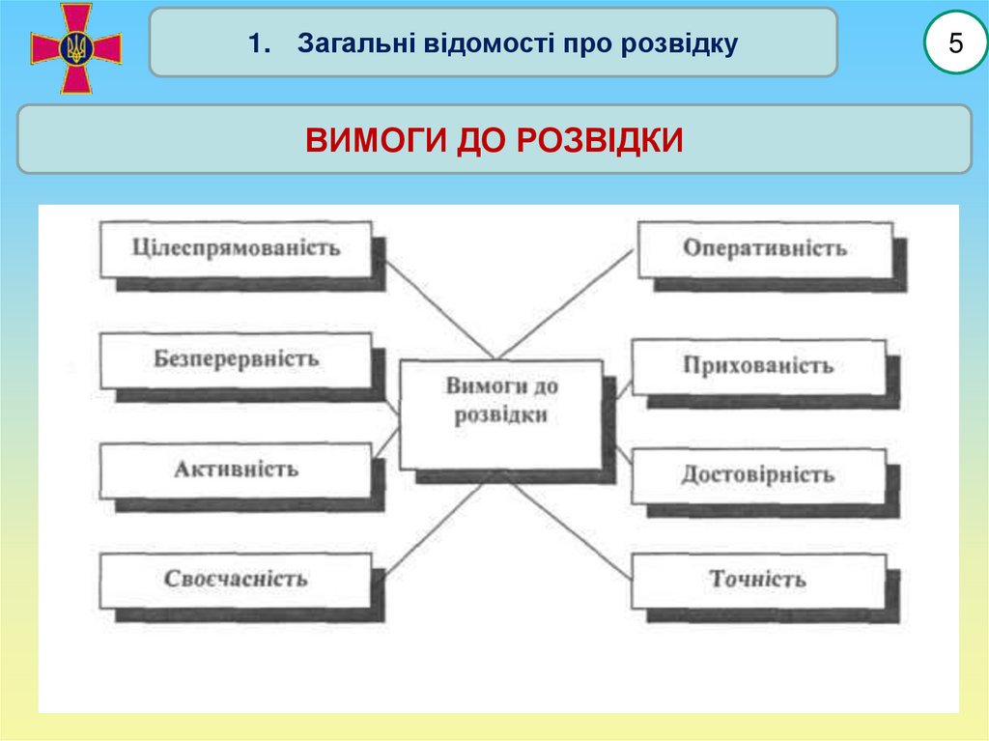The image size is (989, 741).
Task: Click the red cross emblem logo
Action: pos(76,47)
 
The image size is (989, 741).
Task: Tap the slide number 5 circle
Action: pos(956,43)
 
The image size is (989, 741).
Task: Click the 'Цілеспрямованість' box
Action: pos(236,248)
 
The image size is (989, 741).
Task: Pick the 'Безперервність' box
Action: pos(236,359)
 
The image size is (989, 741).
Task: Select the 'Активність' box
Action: pos(236,470)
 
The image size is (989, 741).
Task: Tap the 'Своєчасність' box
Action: pos(236,580)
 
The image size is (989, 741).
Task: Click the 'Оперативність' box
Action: pos(764,248)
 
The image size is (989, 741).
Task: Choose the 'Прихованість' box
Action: pos(758,367)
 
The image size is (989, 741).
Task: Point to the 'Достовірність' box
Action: pos(758,476)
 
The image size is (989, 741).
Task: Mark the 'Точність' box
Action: pos(758,581)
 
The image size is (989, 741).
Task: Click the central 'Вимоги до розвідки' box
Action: pos(501,413)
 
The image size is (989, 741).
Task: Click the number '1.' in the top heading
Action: pos(256,43)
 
